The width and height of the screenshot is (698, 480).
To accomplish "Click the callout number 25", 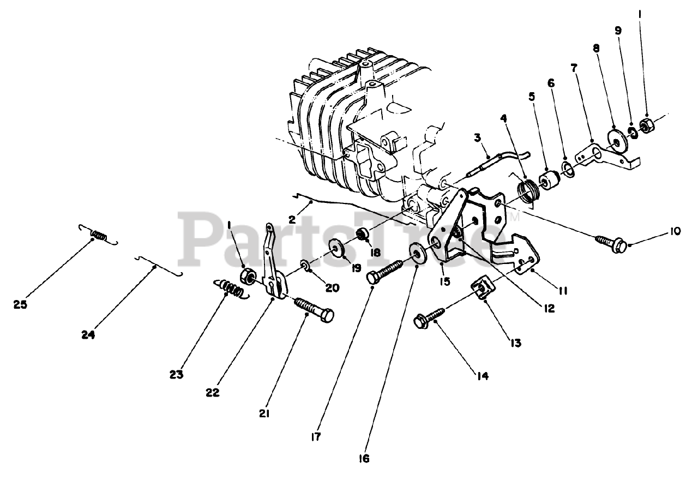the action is tap(20, 305).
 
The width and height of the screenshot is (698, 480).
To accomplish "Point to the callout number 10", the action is tap(675, 231).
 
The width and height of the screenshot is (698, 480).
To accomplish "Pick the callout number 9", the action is tap(618, 31).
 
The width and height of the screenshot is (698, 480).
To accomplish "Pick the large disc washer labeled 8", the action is tap(616, 140).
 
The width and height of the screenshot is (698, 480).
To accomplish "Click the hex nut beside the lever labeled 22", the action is tap(246, 276).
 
